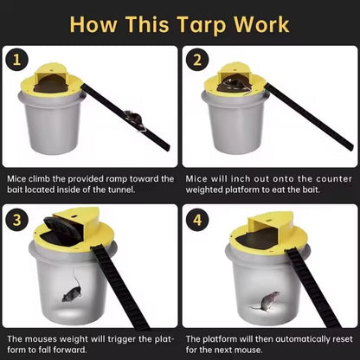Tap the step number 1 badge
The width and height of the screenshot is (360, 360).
pos(14,60)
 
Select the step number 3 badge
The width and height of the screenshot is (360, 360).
pos(15,217)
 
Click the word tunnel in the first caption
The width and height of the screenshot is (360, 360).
pos(119,189)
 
